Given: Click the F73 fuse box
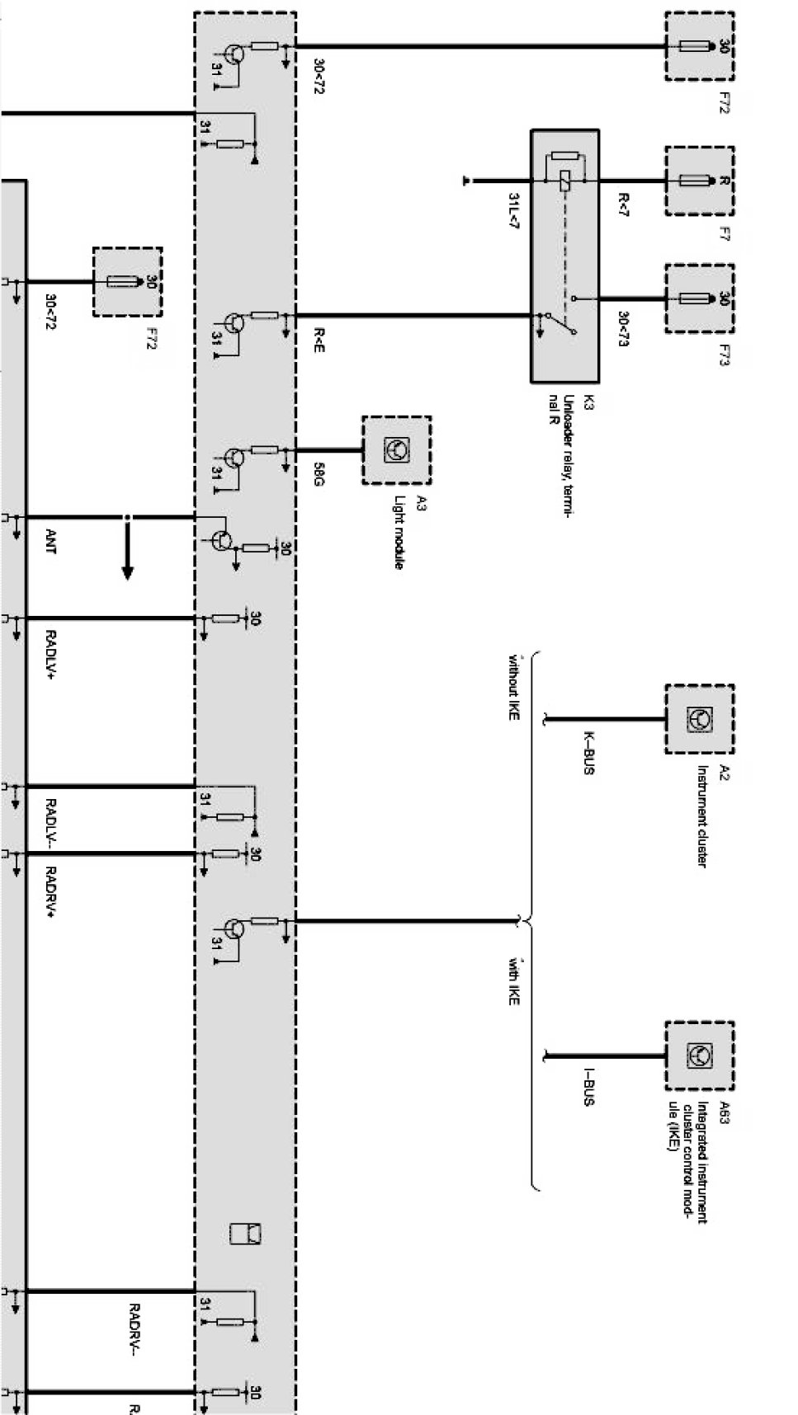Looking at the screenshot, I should click(x=699, y=299).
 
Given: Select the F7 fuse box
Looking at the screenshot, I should click(x=699, y=181).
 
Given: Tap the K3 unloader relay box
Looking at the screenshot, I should click(x=564, y=256).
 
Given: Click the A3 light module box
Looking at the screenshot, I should click(x=396, y=450).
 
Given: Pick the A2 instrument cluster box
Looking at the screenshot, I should click(x=699, y=719).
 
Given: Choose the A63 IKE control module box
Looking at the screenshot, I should click(x=699, y=1055).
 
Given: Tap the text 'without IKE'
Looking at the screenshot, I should click(x=513, y=689).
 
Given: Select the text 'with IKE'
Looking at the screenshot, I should click(x=513, y=980).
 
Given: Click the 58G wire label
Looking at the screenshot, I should click(x=319, y=475).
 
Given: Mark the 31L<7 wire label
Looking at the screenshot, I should click(x=513, y=212).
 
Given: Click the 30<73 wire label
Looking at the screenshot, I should click(x=624, y=329).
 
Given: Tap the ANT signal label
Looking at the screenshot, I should click(x=51, y=542).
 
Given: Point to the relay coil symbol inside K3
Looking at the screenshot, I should click(x=564, y=181).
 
